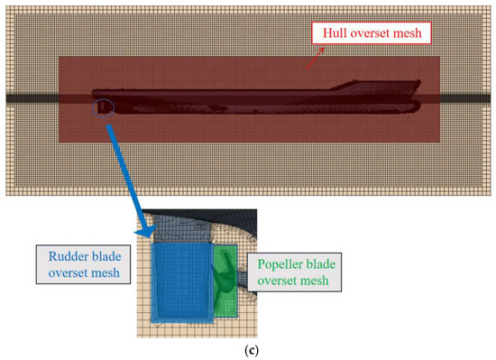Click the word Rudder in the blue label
tap(67, 256)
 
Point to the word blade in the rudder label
tap(105, 256)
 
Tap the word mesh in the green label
tap(316, 281)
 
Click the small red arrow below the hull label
tap(316, 58)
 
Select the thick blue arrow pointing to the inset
tap(131, 180)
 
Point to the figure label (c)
tap(252, 350)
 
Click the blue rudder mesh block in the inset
tap(182, 282)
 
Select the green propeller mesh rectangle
tap(225, 281)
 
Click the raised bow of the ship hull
tap(380, 85)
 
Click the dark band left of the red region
tap(32, 98)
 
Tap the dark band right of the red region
tap(465, 98)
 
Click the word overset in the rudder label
tap(69, 272)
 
